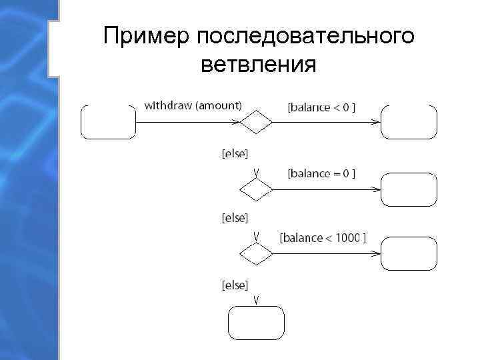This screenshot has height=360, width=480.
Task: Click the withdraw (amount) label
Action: pos(193,105)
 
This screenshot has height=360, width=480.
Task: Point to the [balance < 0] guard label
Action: pos(321,107)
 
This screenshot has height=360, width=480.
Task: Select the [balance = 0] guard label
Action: pos(321,173)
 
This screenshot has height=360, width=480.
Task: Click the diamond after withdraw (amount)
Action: pos(256,123)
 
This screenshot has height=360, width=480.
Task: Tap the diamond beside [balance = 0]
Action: pos(256,189)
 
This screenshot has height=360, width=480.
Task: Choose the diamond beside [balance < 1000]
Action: pos(256,254)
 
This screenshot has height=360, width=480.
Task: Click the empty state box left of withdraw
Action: pos(108,122)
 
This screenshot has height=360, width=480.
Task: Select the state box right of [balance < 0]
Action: pos(409,122)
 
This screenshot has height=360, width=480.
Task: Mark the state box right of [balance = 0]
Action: pos(409,189)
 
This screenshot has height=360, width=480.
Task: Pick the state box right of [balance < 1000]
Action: pos(409,254)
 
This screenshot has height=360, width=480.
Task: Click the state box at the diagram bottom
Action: pos(257,323)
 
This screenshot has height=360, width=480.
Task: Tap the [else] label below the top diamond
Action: pos(234,154)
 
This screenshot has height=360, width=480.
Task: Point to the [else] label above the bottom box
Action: pos(234,285)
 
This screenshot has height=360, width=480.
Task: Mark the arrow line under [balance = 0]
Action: pos(327,189)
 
